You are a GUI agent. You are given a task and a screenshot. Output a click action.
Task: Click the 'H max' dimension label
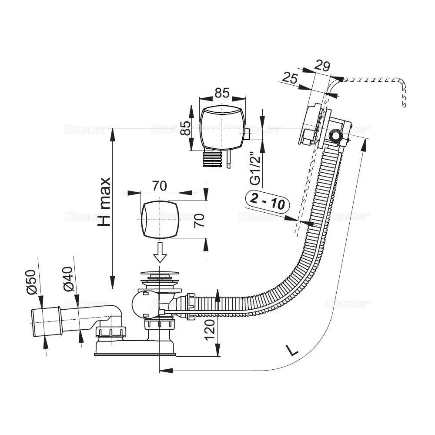pos(104,201)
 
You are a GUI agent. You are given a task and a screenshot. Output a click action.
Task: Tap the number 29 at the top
pos(322,66)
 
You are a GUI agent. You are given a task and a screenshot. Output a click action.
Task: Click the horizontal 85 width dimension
pos(222,93)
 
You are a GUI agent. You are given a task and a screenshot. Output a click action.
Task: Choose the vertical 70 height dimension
pos(199,220)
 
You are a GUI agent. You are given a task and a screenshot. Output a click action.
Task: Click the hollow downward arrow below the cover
pos(161,252)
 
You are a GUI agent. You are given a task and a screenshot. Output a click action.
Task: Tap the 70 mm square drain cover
pos(160,220)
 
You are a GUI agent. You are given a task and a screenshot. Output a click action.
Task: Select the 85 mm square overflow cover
pos(222,128)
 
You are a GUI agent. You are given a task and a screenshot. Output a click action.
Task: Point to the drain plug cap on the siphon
pos(161,275)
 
